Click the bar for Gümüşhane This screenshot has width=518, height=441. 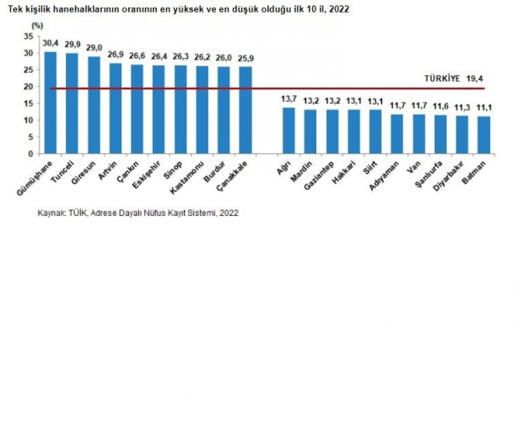pos(51,103)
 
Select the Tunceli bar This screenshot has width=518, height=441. pos(73,104)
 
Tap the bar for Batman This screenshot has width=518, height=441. pos(483,135)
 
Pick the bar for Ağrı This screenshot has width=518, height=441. pos(289,131)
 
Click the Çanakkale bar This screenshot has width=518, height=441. pos(246,110)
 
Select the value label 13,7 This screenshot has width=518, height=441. pos(289,100)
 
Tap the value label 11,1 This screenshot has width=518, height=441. pos(483,109)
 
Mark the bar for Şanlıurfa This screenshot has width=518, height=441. pos(440,134)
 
